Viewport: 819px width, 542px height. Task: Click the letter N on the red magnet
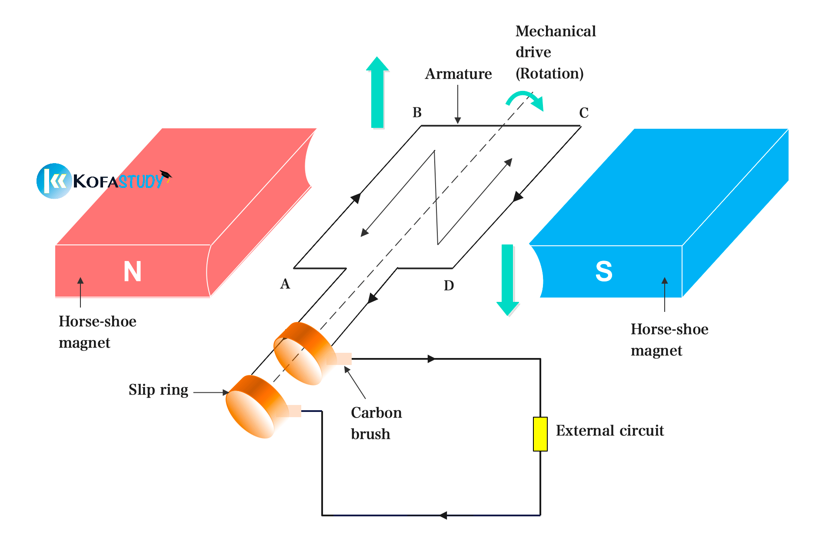click(133, 271)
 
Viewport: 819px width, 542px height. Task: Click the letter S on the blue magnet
click(604, 271)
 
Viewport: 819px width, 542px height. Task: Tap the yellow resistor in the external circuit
click(540, 434)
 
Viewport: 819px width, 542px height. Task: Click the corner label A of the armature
click(285, 284)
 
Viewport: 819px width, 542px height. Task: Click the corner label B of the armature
click(417, 113)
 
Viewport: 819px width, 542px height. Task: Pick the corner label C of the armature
click(583, 113)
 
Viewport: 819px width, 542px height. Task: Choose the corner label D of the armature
click(449, 286)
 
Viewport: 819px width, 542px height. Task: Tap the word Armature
click(458, 74)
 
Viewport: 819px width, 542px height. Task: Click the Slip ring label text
click(158, 390)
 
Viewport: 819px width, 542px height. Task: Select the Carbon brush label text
click(376, 423)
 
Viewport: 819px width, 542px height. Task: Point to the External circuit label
click(609, 431)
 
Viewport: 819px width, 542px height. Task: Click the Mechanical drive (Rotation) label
click(555, 52)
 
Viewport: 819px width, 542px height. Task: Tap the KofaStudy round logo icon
click(54, 181)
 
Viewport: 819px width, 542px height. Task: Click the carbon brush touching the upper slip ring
click(339, 359)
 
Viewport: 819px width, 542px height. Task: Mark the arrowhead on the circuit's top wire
click(431, 359)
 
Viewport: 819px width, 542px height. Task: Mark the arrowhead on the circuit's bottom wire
click(443, 515)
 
